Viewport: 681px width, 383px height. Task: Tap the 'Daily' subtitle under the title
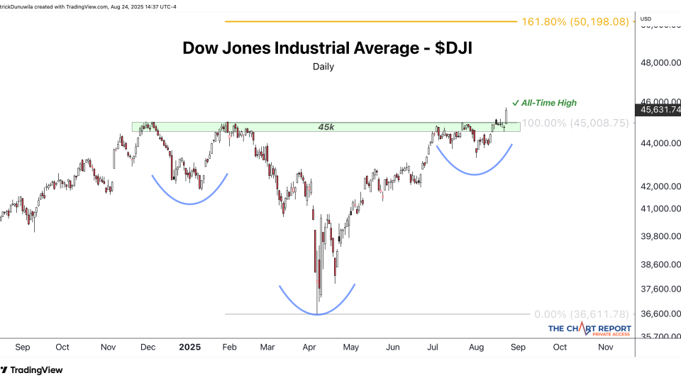(323, 67)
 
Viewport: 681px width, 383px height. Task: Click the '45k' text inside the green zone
(326, 126)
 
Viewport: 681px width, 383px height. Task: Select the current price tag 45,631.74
(660, 110)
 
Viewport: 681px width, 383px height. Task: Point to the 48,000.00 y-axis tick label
(660, 62)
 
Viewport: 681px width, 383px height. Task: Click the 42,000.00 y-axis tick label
(660, 187)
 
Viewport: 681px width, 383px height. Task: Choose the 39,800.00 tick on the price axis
(660, 235)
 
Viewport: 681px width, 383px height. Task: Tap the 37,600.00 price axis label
(660, 289)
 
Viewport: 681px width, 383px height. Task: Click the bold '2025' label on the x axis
(189, 348)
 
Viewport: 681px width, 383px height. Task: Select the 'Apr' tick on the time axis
(309, 348)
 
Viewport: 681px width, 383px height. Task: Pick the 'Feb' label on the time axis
(230, 348)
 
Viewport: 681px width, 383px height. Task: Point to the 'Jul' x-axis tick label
(433, 348)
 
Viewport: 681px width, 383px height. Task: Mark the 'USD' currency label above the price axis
(646, 18)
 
